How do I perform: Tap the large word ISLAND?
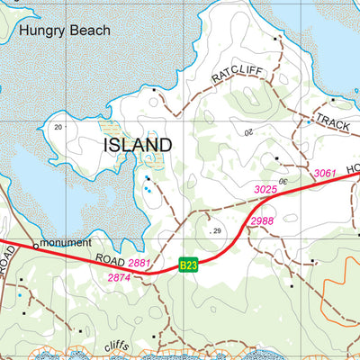point(138,145)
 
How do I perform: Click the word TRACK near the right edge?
point(332,125)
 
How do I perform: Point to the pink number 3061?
point(325,172)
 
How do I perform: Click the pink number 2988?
point(262,220)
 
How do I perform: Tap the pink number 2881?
point(139,263)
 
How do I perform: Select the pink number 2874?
point(120,278)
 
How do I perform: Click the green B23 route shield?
point(188,265)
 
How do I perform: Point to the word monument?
point(66,243)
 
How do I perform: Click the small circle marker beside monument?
point(36,244)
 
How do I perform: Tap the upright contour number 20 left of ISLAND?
point(58,127)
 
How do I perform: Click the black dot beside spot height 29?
point(205,231)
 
